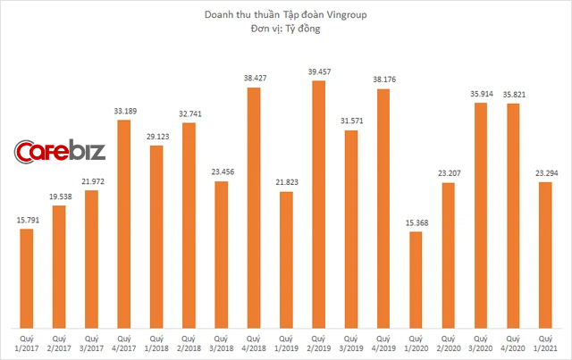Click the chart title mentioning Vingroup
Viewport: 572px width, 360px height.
click(286, 15)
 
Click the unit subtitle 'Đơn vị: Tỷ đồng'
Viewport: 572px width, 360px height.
click(286, 30)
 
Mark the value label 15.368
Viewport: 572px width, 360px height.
click(416, 222)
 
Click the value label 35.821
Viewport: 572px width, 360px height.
click(512, 95)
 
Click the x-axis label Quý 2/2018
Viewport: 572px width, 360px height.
click(189, 344)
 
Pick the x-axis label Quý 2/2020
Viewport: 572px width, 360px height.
click(448, 344)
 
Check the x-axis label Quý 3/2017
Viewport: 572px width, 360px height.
click(91, 344)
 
